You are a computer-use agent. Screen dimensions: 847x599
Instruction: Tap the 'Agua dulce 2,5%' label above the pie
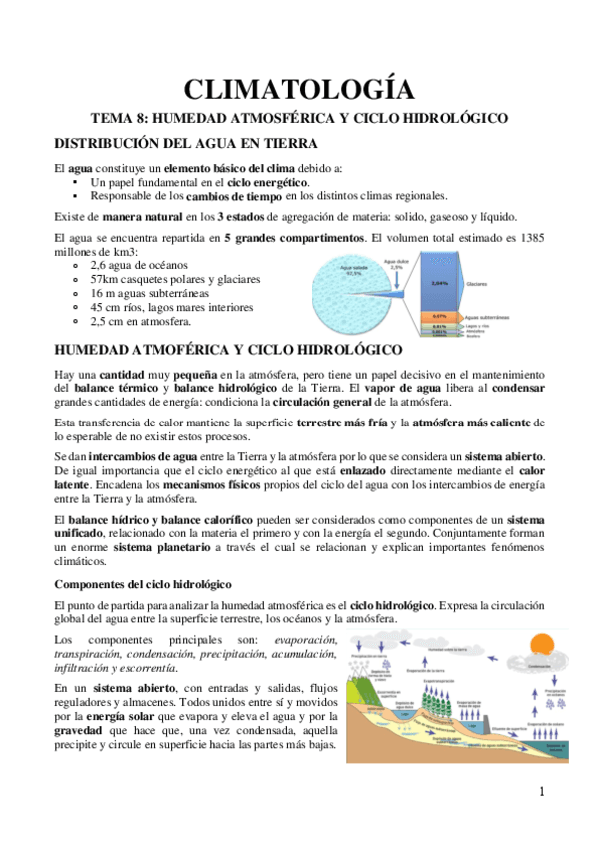tap(396, 267)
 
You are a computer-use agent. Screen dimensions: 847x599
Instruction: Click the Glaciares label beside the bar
tap(477, 285)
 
